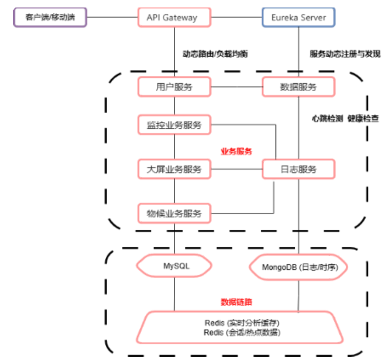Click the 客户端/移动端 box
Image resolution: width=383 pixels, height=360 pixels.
tap(50, 18)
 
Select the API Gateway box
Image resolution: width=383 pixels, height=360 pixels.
tap(175, 18)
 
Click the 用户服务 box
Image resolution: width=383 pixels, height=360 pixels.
tap(174, 87)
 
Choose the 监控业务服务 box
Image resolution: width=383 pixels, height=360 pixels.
tap(174, 125)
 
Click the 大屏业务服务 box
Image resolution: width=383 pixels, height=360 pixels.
tap(174, 169)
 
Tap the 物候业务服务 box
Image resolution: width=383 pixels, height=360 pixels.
tap(174, 213)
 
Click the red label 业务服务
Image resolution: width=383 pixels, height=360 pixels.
tap(237, 151)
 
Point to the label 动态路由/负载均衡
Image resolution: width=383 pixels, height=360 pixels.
tap(215, 54)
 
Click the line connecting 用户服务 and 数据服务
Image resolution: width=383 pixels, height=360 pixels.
tap(236, 87)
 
